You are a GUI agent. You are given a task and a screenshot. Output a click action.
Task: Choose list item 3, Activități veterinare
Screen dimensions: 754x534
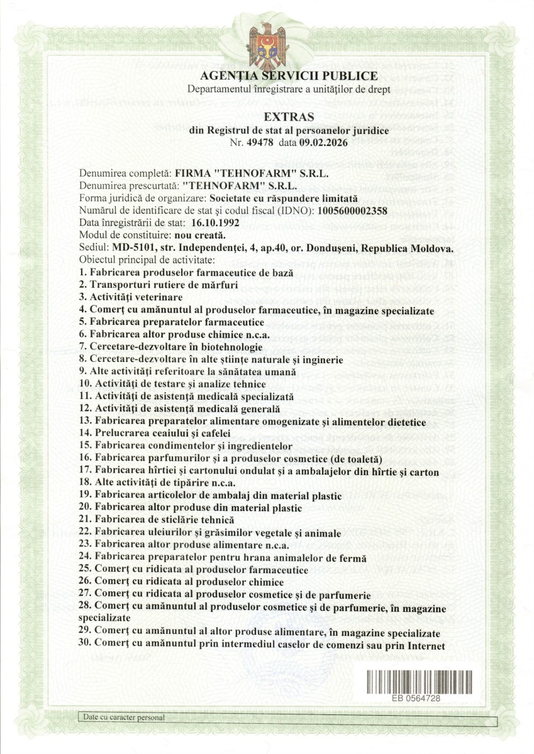131,296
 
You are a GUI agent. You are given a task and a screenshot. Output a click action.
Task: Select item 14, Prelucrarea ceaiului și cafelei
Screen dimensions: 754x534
155,433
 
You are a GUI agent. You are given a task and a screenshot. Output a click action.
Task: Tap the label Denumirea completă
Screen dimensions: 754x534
125,173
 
